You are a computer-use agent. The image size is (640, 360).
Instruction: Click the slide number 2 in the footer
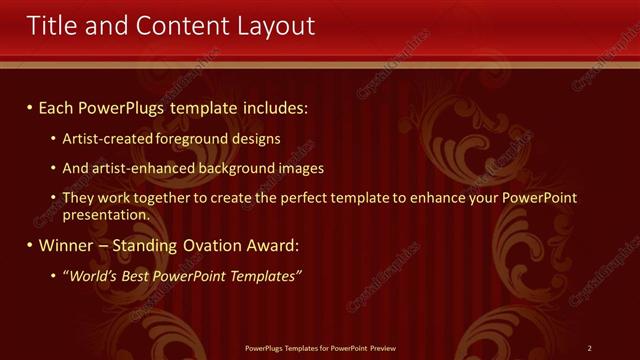click(590, 348)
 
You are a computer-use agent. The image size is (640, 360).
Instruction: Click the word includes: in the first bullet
click(270, 106)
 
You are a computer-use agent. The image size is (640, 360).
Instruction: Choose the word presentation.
click(106, 214)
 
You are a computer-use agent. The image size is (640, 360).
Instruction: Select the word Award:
click(272, 245)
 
